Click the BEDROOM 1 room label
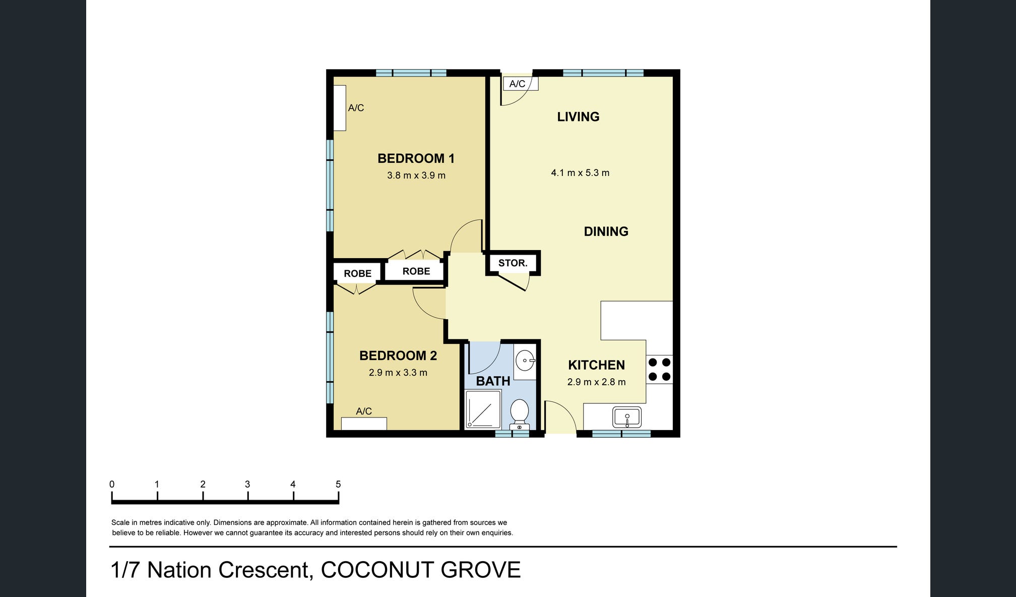416,158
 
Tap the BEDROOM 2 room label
398,355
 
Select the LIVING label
578,116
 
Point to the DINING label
606,231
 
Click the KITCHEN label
596,365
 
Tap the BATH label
493,381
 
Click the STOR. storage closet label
513,263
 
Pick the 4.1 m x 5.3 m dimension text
580,172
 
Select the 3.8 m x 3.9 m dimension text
416,175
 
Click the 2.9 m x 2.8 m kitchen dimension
596,382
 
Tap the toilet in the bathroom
519,414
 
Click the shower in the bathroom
483,409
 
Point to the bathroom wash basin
525,361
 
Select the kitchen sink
627,417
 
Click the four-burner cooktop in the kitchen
659,369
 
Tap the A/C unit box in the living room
521,84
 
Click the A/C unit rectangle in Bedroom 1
340,108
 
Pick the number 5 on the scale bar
338,484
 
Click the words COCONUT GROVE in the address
421,570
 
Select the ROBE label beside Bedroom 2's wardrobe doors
357,273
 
